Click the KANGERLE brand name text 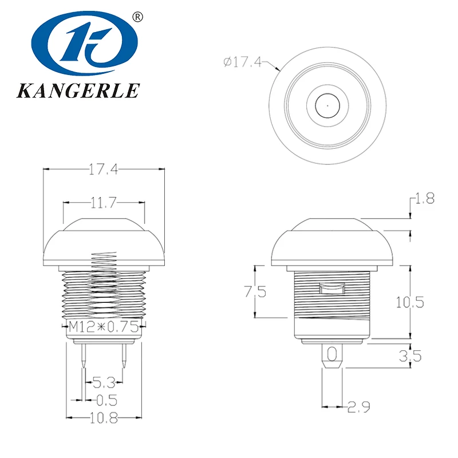click(x=80, y=90)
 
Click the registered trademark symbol click(x=137, y=17)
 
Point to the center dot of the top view click(x=326, y=105)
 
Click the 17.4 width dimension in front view click(x=103, y=169)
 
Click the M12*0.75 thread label click(x=104, y=328)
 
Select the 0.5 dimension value click(x=102, y=399)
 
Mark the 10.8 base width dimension click(x=103, y=418)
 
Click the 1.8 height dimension click(x=424, y=199)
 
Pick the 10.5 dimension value click(x=410, y=302)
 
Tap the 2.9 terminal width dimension click(x=359, y=407)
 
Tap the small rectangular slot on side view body click(x=331, y=290)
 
